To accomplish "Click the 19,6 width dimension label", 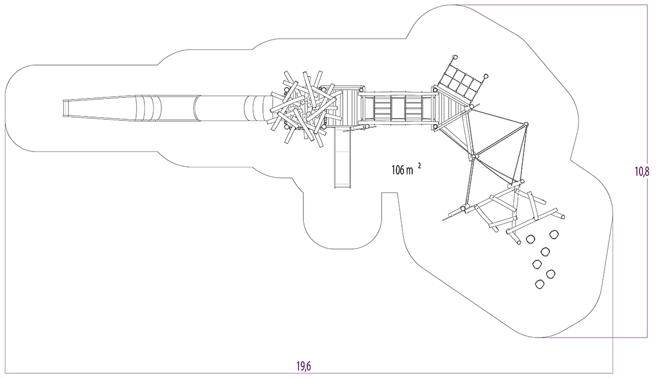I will pyautogui.click(x=304, y=367).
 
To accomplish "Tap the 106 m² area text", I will pyautogui.click(x=405, y=170).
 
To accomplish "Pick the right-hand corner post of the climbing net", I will pyautogui.click(x=485, y=77).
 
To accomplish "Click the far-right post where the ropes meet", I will pyautogui.click(x=526, y=125).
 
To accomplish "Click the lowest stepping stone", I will pyautogui.click(x=540, y=283).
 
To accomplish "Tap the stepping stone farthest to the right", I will pyautogui.click(x=554, y=234).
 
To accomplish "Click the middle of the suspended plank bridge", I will pyautogui.click(x=397, y=108).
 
